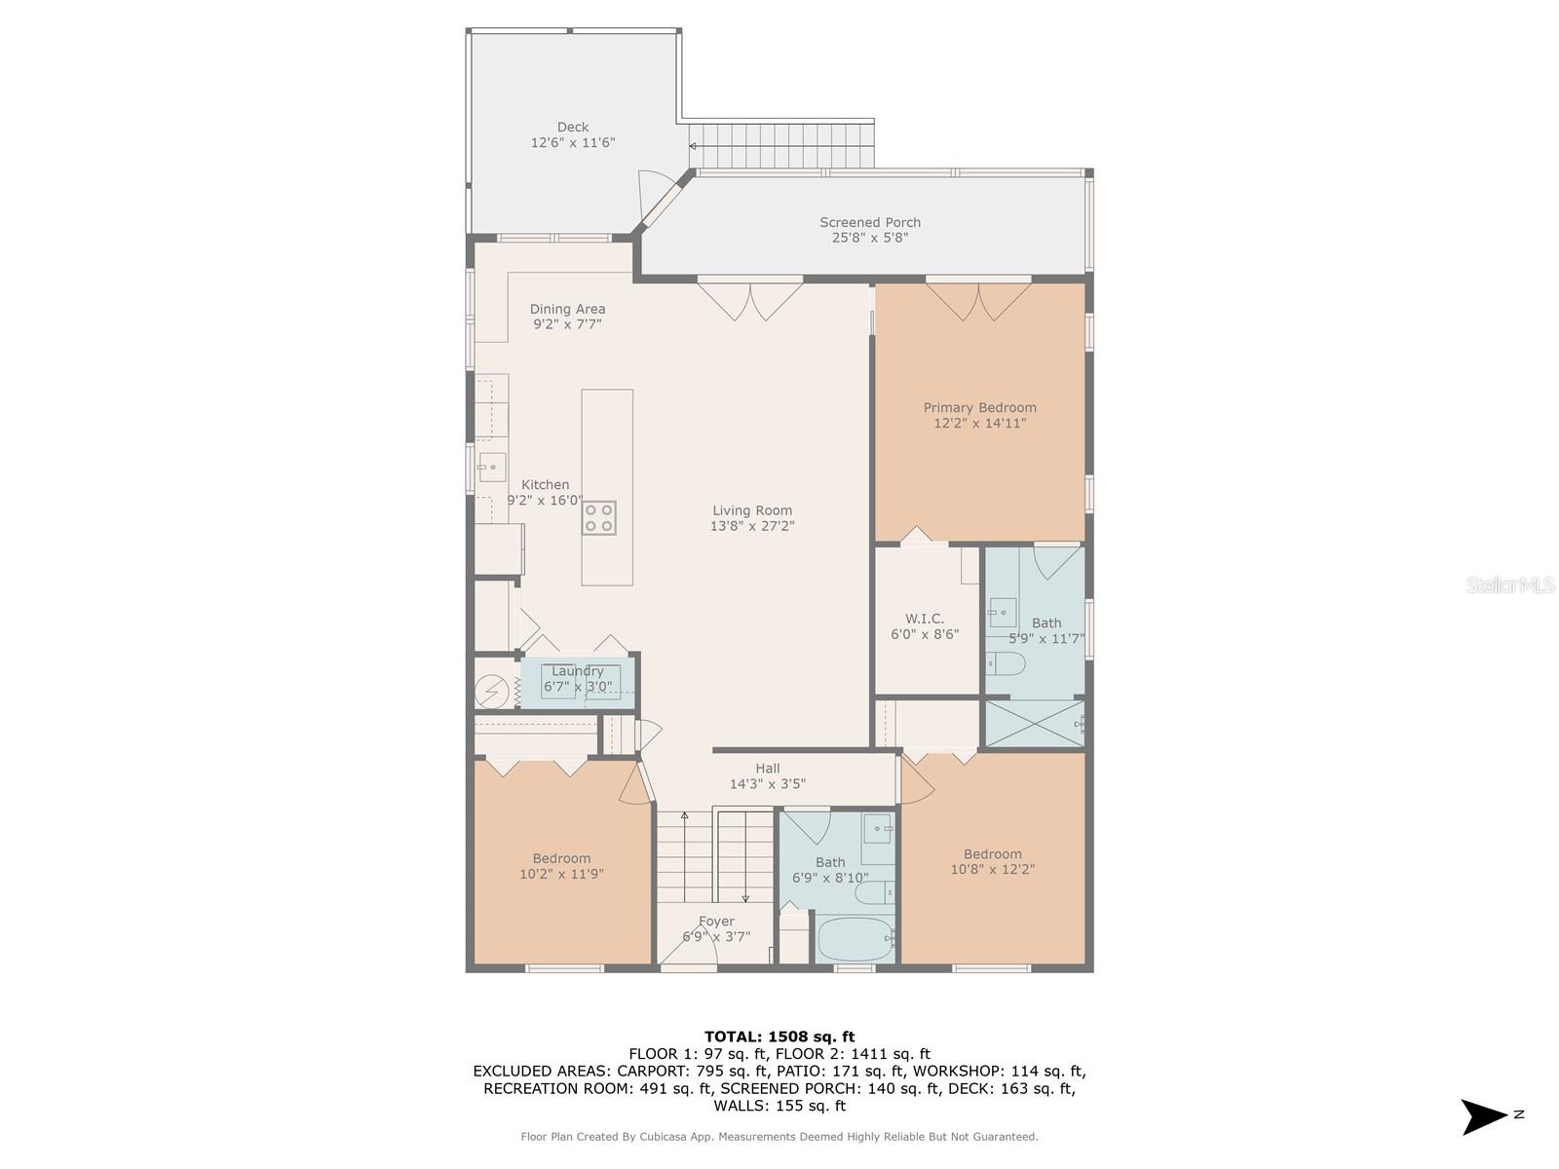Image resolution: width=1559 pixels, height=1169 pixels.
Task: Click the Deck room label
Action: [573, 127]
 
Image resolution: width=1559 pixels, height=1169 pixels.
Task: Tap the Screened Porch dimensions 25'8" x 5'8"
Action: [869, 238]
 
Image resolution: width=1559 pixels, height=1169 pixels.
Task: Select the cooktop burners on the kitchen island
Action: [598, 517]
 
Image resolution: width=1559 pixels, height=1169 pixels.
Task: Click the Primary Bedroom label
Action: [979, 407]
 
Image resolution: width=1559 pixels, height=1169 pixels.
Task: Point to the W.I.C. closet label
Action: [924, 619]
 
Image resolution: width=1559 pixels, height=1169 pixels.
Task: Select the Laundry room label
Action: [577, 671]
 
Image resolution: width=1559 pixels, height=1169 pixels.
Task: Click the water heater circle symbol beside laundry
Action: [491, 691]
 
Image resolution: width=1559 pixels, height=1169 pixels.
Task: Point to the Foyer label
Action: [716, 922]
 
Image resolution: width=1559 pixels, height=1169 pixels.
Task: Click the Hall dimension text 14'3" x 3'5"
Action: [767, 784]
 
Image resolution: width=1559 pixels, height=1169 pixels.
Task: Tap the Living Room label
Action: [751, 510]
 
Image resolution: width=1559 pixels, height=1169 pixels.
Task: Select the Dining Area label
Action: [567, 309]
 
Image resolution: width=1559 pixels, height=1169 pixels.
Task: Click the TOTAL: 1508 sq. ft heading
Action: [779, 1037]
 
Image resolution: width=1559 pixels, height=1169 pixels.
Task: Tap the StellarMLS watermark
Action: [1509, 585]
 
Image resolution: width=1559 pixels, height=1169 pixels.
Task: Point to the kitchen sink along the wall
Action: [491, 467]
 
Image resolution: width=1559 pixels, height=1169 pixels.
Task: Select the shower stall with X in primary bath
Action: [1033, 724]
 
